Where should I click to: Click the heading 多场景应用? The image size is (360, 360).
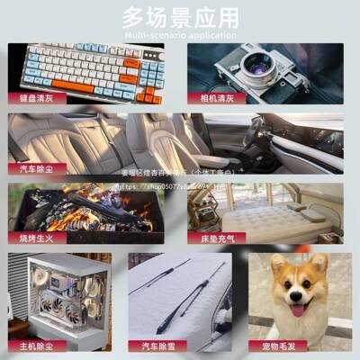point(181,17)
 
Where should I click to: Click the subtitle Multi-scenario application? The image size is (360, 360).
point(181,35)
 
